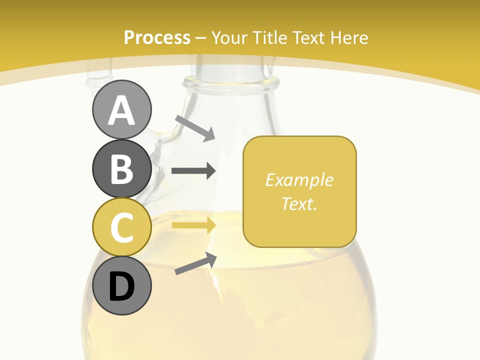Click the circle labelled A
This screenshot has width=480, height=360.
121,109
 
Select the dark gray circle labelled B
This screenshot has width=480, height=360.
121,168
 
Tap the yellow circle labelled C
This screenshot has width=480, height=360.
121,227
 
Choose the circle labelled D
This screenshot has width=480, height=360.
121,285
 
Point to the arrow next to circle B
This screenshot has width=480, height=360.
193,171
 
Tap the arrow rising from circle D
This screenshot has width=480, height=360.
195,263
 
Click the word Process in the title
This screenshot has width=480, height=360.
157,37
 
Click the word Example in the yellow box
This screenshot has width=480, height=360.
299,180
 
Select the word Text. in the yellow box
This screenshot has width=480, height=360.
299,203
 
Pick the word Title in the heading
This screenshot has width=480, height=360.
272,37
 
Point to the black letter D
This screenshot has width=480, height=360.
121,286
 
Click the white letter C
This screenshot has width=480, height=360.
121,227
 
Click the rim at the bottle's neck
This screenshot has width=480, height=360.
231,82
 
